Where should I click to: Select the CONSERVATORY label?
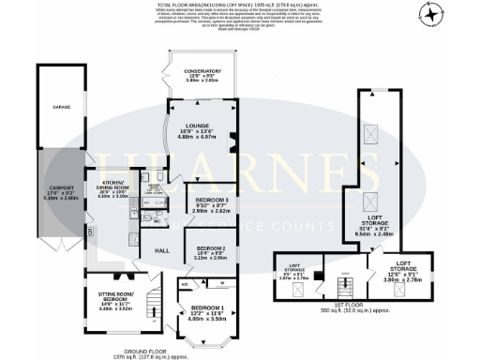(x=202, y=70)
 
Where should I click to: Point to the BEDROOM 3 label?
(x=211, y=202)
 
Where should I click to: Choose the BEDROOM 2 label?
(x=210, y=247)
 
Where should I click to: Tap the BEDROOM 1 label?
(x=208, y=307)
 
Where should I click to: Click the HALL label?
(x=161, y=250)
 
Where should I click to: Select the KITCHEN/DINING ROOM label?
(x=113, y=183)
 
